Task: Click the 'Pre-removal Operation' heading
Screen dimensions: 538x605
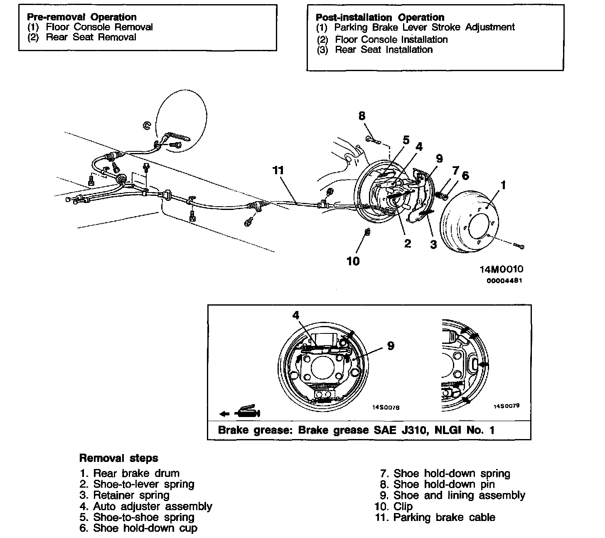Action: tap(81, 17)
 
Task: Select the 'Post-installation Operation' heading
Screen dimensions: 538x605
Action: tap(380, 17)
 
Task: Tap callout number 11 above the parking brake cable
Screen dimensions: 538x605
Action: tap(278, 170)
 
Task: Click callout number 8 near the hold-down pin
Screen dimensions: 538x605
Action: tap(362, 116)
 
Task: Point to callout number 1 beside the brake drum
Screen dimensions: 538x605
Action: tap(504, 185)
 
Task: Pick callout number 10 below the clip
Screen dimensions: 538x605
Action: tap(353, 261)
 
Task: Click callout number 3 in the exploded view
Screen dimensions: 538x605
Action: tap(433, 244)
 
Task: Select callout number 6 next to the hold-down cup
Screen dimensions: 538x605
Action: tap(465, 175)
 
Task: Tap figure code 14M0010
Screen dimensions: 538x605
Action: tap(501, 269)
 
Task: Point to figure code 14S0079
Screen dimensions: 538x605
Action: tap(506, 405)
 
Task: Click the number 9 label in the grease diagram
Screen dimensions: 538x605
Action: tap(391, 346)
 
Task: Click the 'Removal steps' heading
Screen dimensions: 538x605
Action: tap(118, 458)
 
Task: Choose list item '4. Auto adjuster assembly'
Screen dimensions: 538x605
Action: tap(146, 506)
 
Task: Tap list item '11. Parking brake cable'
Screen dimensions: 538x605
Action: tap(435, 518)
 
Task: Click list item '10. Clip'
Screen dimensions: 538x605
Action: tap(393, 506)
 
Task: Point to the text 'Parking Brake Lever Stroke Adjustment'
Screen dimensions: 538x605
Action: tap(424, 27)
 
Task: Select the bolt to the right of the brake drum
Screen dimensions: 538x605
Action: tap(519, 247)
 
